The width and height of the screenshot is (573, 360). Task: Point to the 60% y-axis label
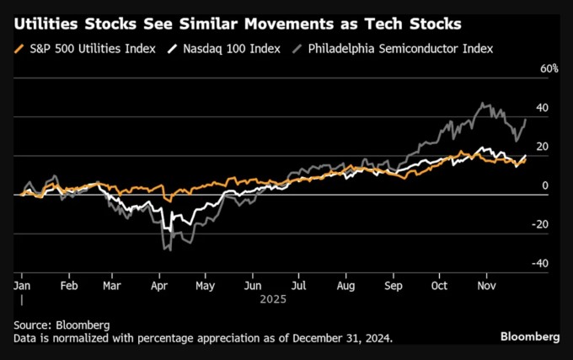pyautogui.click(x=549, y=68)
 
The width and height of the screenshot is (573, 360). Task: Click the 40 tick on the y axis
pyautogui.click(x=543, y=108)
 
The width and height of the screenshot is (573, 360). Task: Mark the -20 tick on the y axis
pyautogui.click(x=541, y=224)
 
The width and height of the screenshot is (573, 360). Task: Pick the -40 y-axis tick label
pyautogui.click(x=541, y=263)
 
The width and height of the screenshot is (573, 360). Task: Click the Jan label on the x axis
pyautogui.click(x=23, y=287)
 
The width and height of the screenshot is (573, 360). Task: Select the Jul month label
pyautogui.click(x=297, y=287)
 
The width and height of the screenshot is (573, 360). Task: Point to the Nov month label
pyautogui.click(x=485, y=287)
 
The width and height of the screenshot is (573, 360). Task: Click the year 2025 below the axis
pyautogui.click(x=273, y=299)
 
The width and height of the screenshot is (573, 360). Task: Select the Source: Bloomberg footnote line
pyautogui.click(x=62, y=324)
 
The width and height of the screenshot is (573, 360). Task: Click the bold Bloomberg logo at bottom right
pyautogui.click(x=530, y=336)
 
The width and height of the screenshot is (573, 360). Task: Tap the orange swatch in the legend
pyautogui.click(x=19, y=48)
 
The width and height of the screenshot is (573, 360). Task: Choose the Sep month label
pyautogui.click(x=391, y=287)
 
